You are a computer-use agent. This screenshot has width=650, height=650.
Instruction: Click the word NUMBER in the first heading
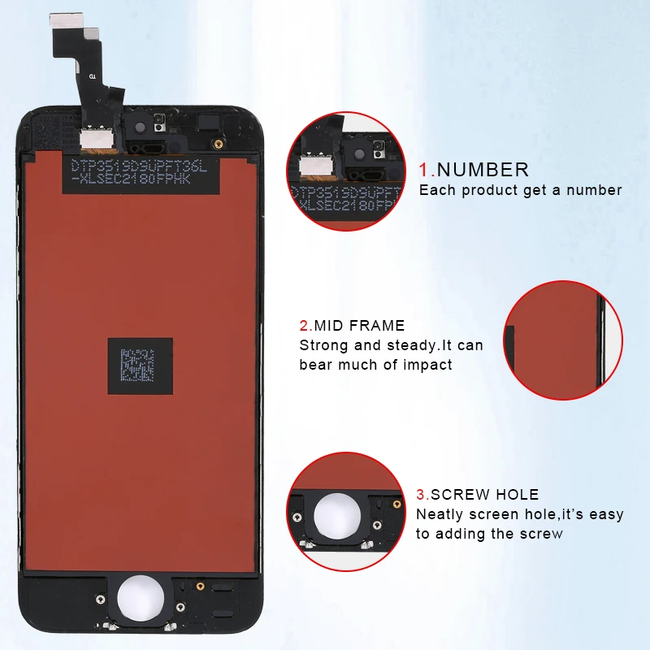pos(483,170)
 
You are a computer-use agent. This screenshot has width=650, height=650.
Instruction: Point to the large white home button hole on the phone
pos(141,600)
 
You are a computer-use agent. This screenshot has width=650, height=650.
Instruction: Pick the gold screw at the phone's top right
pos(218,144)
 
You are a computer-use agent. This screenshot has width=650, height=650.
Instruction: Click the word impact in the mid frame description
pos(427,365)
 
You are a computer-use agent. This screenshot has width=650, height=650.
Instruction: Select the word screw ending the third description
pos(541,534)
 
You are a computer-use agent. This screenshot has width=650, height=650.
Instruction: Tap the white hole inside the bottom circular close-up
pos(340,515)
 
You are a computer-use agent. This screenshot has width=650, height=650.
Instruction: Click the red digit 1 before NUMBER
pos(424,170)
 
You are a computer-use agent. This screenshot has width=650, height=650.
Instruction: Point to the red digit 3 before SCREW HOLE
pos(421,494)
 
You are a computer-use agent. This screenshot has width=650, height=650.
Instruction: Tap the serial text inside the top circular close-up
pos(345,199)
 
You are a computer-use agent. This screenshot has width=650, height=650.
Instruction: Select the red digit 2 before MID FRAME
pos(304,326)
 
